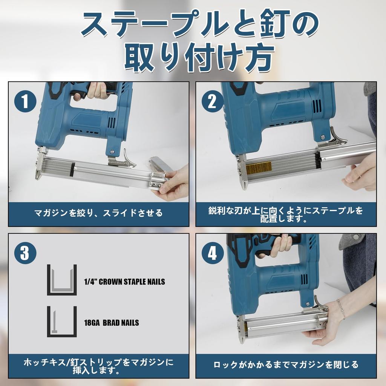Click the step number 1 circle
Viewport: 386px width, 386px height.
tap(25, 102)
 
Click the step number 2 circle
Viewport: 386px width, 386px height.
tap(212, 102)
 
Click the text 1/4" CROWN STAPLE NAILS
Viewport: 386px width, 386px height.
tap(124, 282)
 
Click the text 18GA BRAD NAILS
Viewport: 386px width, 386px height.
tap(111, 323)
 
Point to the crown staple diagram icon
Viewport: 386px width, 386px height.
tap(62, 280)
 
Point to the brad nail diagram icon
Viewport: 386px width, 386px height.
tap(62, 321)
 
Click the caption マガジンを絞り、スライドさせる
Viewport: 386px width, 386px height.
tap(98, 213)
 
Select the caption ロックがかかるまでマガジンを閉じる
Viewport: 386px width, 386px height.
tap(286, 365)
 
